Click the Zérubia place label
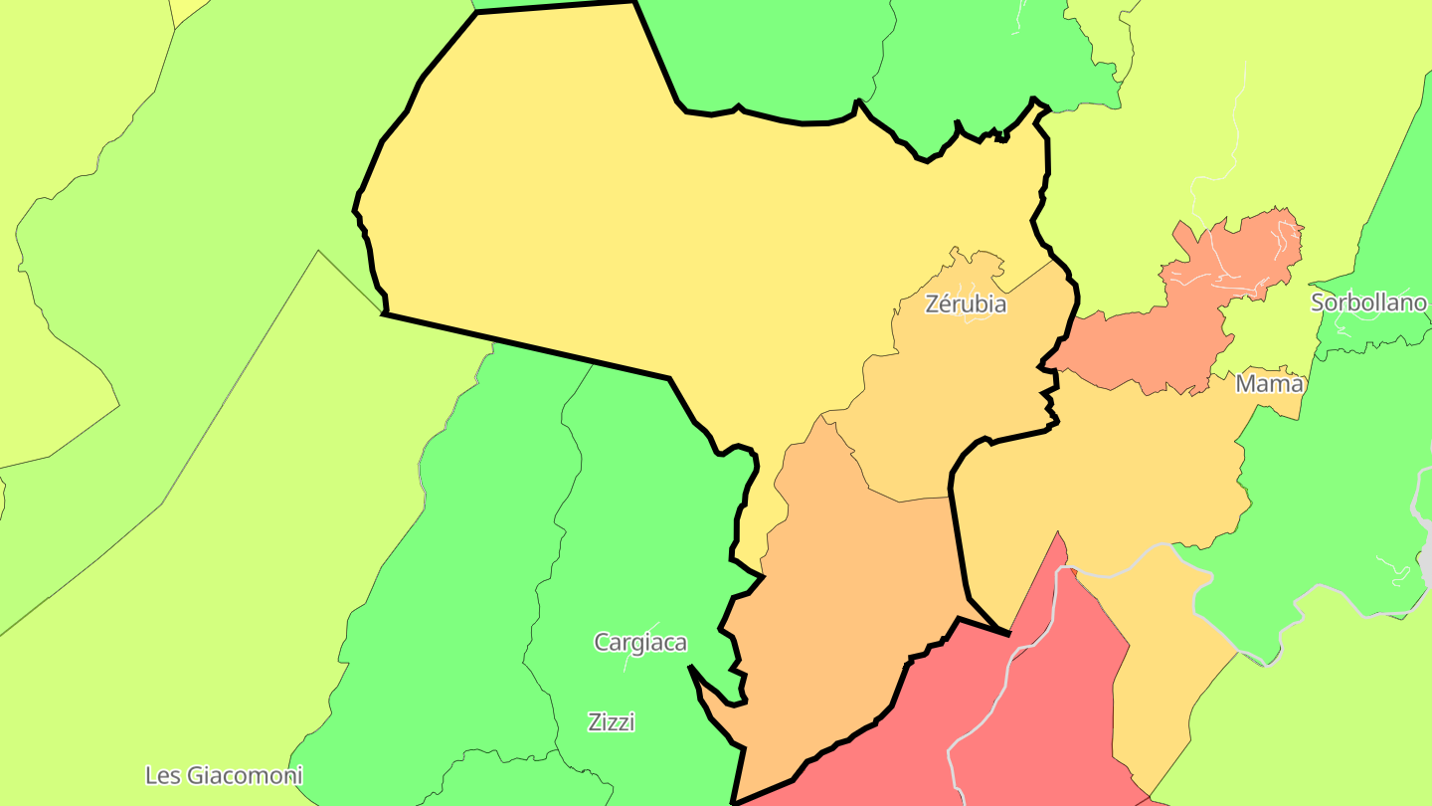(966, 304)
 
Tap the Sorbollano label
(1368, 303)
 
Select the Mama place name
(1269, 384)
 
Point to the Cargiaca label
(640, 643)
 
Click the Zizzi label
(612, 722)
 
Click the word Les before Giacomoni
(163, 776)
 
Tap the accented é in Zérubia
(944, 304)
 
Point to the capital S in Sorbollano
(1319, 303)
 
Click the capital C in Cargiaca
(602, 643)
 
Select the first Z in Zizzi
(595, 722)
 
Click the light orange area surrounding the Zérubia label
(955, 398)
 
